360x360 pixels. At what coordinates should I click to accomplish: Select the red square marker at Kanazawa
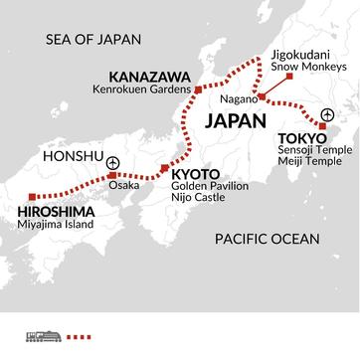tap(198, 90)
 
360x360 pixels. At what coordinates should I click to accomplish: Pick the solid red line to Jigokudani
tap(280, 88)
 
